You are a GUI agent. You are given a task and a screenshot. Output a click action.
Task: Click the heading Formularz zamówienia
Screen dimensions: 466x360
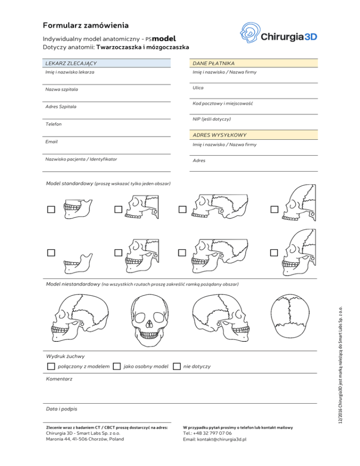click(x=86, y=25)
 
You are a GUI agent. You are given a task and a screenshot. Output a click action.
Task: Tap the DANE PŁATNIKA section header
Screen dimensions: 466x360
click(x=213, y=63)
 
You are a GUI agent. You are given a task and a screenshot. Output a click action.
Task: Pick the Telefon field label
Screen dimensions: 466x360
click(x=53, y=124)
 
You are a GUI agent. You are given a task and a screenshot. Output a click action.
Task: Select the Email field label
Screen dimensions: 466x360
click(x=51, y=141)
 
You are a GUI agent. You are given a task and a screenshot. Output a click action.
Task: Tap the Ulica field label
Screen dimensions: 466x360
click(x=198, y=88)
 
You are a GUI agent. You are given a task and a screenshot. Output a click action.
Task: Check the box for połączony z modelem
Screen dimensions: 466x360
click(x=51, y=366)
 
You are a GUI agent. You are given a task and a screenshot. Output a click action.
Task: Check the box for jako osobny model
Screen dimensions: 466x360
click(x=117, y=366)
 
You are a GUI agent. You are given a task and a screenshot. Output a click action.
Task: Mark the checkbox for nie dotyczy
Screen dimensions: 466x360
click(x=176, y=366)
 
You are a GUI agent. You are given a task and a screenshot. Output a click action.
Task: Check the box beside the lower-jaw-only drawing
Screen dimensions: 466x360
click(x=51, y=253)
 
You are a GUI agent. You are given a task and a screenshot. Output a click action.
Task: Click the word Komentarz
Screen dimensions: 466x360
click(x=59, y=378)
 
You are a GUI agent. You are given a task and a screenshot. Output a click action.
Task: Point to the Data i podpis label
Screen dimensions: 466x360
click(x=61, y=409)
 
